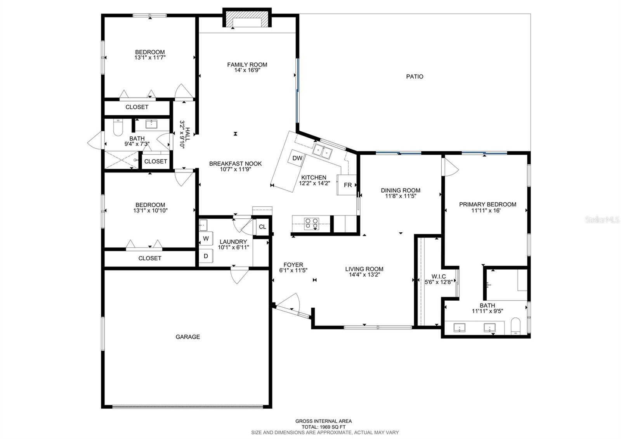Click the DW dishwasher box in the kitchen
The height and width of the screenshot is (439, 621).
(x=297, y=159)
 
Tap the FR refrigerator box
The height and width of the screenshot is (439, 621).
(x=347, y=185)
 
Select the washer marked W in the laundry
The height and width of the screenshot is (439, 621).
(x=206, y=239)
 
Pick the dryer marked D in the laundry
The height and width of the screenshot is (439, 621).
(x=206, y=256)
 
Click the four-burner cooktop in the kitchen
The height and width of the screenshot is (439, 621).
(x=312, y=224)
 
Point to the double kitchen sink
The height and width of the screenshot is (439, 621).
(x=323, y=151)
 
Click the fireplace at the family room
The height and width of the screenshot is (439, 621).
(x=247, y=18)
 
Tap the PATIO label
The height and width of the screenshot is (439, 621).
(x=415, y=77)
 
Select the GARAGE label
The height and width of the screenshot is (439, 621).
(x=188, y=337)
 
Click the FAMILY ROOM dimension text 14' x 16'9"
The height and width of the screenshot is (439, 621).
(x=247, y=70)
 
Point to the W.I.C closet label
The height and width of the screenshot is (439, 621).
(x=439, y=276)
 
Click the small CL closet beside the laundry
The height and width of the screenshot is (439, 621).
(x=262, y=227)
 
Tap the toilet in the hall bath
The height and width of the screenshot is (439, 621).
(x=118, y=128)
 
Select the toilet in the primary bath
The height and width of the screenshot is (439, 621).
(x=516, y=326)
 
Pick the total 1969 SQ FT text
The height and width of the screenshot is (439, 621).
(x=324, y=427)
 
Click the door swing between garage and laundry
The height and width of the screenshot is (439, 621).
(x=239, y=275)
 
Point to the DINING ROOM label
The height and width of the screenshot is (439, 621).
(x=401, y=190)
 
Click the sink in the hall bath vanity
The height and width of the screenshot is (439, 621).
(x=151, y=124)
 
